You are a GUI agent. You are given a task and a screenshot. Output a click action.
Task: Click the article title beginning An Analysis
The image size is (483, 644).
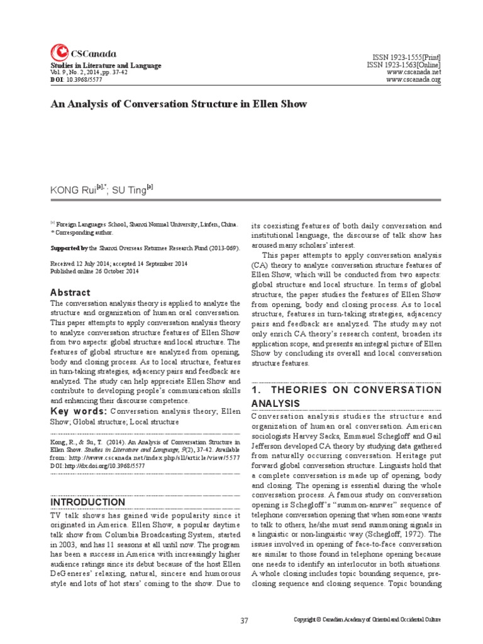pos(169,104)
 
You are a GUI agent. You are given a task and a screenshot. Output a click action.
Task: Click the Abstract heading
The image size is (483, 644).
pos(70,293)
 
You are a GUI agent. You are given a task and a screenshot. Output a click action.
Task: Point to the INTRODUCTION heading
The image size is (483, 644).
pos(87,502)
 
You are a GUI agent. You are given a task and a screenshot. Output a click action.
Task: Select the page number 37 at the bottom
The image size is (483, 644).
pos(245,621)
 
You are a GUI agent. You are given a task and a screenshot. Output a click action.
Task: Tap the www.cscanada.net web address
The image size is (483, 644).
pos(414,72)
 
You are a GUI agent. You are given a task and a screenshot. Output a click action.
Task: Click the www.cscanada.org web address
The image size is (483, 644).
pos(414,80)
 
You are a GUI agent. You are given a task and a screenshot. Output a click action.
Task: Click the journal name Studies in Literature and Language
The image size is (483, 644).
pos(106,65)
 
